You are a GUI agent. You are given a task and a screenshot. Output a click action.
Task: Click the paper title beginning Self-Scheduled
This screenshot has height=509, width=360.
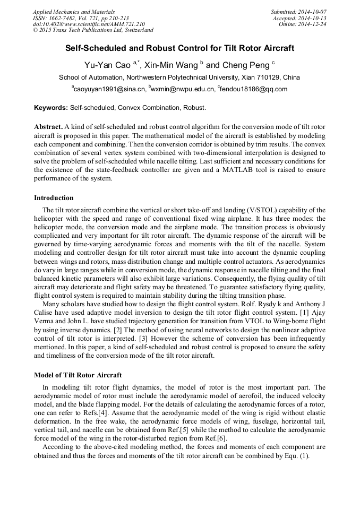click(179, 48)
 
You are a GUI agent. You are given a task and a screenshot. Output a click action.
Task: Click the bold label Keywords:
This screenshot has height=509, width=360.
click(51, 108)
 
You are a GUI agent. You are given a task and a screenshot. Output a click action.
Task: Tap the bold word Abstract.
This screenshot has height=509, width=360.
click(48, 127)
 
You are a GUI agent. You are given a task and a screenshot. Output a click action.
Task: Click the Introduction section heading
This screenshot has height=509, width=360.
click(54, 198)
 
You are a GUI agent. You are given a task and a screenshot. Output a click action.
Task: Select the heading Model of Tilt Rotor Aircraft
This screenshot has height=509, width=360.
click(78, 375)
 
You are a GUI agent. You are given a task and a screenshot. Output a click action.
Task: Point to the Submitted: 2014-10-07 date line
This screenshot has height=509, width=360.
click(298, 12)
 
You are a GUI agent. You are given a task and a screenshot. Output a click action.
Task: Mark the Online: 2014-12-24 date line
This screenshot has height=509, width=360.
click(302, 24)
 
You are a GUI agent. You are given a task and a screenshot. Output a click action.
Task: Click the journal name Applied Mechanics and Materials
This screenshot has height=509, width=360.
click(74, 12)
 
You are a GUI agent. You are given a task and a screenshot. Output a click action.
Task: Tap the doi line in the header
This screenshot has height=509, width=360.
click(88, 24)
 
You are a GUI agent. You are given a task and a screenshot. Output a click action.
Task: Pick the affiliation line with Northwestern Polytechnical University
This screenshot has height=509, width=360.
click(179, 77)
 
